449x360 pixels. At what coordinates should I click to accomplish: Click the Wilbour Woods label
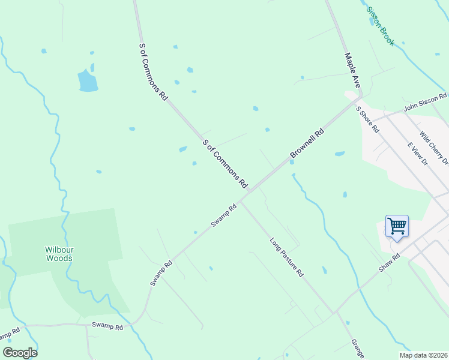pyautogui.click(x=59, y=254)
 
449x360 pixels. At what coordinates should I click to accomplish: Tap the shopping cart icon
pyautogui.click(x=397, y=226)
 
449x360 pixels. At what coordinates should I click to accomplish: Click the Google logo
pyautogui.click(x=19, y=353)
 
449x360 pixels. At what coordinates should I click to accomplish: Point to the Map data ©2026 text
pyautogui.click(x=423, y=355)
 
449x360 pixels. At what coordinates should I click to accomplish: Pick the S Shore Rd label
pyautogui.click(x=368, y=119)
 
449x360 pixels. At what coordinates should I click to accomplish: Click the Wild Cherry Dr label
pyautogui.click(x=434, y=148)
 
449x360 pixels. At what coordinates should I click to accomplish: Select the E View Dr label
pyautogui.click(x=417, y=154)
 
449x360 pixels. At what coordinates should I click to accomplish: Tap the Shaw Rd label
pyautogui.click(x=389, y=263)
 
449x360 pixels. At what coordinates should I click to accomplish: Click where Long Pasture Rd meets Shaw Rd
pyautogui.click(x=334, y=313)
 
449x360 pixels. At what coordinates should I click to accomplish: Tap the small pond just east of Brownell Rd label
pyautogui.click(x=340, y=154)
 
